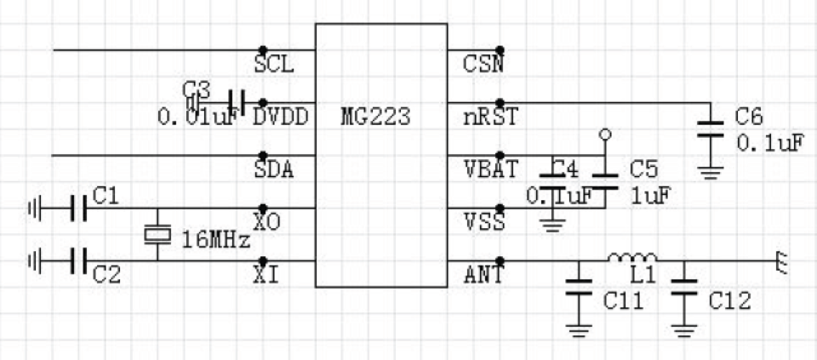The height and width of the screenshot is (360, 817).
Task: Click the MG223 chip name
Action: click(x=374, y=117)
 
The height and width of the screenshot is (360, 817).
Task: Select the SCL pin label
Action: click(x=274, y=65)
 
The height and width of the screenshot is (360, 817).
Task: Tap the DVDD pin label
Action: click(x=280, y=117)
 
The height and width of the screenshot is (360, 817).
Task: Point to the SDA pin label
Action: click(x=274, y=169)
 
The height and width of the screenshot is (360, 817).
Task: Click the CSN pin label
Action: click(x=483, y=65)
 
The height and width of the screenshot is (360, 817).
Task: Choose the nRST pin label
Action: click(x=490, y=117)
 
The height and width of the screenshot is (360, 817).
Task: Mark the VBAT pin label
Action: click(x=490, y=169)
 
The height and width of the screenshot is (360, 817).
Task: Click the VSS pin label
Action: click(x=484, y=222)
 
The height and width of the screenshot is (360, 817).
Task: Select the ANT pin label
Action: click(x=484, y=274)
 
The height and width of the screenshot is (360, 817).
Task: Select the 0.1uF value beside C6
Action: click(x=769, y=142)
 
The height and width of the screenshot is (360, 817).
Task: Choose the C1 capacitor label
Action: click(x=106, y=197)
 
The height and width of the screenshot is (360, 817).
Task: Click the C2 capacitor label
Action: click(x=106, y=274)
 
